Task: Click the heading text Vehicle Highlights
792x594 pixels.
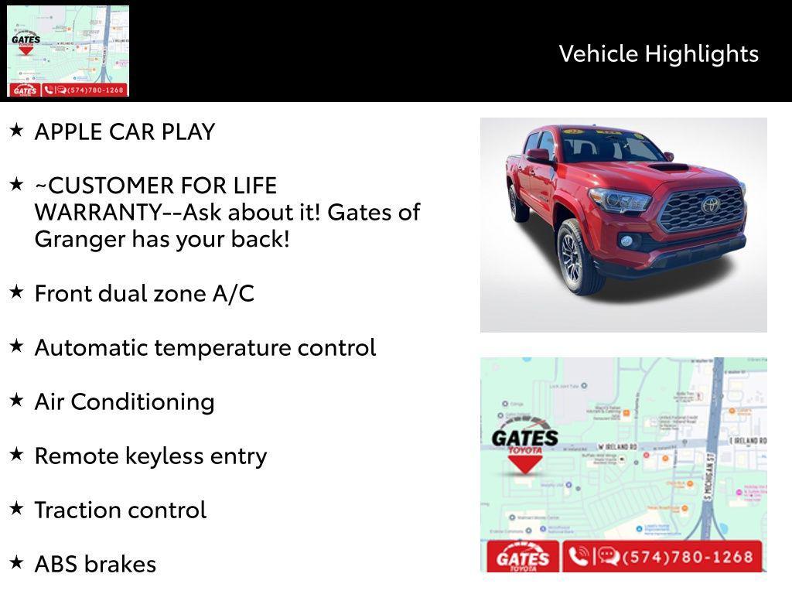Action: [x=658, y=53]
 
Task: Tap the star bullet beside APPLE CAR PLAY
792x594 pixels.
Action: [x=16, y=130]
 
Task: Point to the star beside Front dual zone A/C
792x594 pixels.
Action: [x=16, y=292]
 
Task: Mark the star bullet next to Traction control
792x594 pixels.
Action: [x=16, y=508]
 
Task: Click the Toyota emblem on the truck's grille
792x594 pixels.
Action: [x=710, y=205]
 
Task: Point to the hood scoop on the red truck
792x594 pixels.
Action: [x=667, y=167]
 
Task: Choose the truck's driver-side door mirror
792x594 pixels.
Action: [x=538, y=155]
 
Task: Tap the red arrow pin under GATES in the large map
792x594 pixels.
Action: [x=525, y=463]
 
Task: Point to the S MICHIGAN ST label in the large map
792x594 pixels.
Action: [x=708, y=479]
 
